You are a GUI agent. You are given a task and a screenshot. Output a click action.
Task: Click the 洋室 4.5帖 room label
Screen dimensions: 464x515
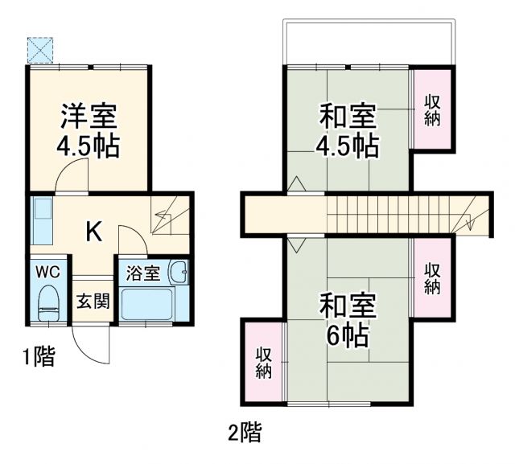click(89, 131)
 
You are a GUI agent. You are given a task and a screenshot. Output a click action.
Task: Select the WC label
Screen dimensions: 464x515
click(48, 272)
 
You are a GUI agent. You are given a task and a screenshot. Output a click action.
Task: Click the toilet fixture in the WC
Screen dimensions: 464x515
click(48, 303)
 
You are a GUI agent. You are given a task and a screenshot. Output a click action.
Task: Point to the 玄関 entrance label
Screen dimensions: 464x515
click(92, 302)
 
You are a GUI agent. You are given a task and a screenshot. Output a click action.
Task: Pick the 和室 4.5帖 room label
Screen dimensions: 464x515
click(347, 131)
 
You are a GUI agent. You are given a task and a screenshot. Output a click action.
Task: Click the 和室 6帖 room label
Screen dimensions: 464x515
click(347, 319)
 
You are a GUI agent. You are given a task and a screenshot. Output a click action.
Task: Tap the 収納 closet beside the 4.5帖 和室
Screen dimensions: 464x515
click(431, 110)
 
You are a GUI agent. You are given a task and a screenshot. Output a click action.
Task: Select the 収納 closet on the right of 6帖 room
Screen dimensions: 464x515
click(431, 278)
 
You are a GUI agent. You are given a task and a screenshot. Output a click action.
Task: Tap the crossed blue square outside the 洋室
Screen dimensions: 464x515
click(39, 49)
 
